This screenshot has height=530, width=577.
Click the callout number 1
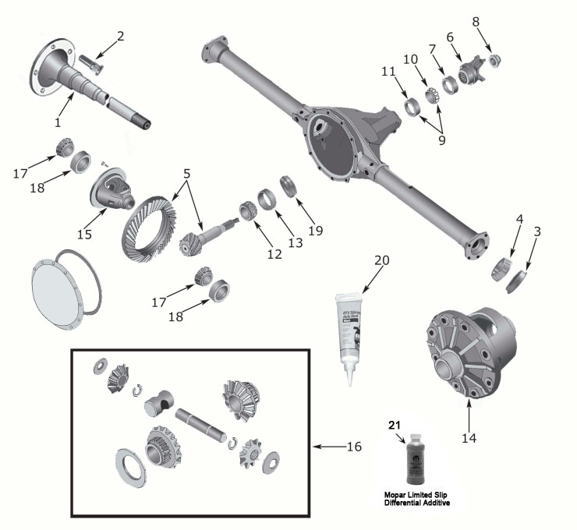58,122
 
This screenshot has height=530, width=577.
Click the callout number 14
468,438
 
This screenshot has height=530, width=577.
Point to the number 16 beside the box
354,447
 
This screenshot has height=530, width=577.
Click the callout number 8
476,22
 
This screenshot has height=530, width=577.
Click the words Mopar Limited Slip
412,495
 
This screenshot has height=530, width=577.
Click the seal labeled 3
517,280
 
